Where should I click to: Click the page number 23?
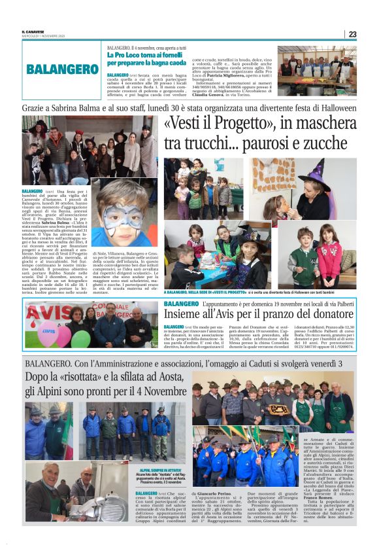(352, 34)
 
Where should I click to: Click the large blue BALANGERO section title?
(63, 69)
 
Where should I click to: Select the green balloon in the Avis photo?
(80, 338)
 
